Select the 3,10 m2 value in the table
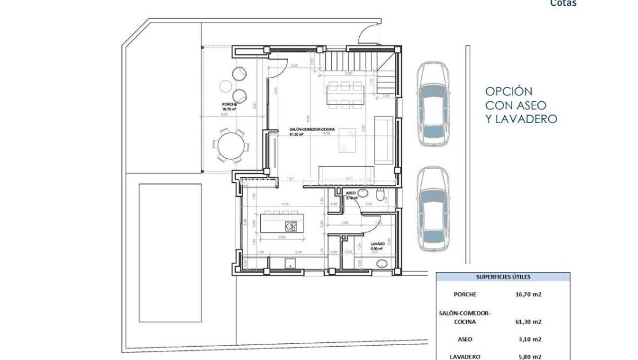528,339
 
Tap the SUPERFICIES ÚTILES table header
503,277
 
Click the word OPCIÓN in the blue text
509,91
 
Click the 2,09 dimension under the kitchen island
282,237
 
